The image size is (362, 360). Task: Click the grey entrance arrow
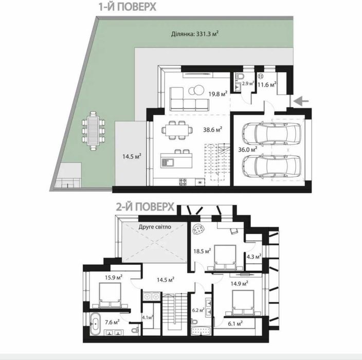[x=301, y=101]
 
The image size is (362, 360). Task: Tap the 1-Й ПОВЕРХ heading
[x=128, y=7]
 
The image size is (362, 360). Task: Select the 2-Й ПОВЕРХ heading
[x=145, y=207]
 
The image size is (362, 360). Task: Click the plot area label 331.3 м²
[x=195, y=34]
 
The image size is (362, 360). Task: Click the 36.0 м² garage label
[x=247, y=150]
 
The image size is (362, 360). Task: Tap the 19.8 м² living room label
[x=218, y=94]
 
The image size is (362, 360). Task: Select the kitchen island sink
[x=168, y=163]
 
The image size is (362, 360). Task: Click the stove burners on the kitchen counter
[x=183, y=182]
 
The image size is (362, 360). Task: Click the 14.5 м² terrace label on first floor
[x=132, y=156]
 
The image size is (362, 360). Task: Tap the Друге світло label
[x=155, y=227]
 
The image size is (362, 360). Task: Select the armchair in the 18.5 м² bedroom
[x=199, y=229]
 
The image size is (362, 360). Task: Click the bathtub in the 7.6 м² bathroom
[x=95, y=324]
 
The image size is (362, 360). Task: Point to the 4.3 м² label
[x=254, y=256]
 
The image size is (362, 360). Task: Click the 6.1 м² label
[x=236, y=324]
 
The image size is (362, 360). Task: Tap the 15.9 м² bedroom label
[x=114, y=277]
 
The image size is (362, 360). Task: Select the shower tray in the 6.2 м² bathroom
[x=201, y=331]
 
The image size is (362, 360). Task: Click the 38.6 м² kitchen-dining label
[x=213, y=130]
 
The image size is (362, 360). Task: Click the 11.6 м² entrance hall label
[x=267, y=84]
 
